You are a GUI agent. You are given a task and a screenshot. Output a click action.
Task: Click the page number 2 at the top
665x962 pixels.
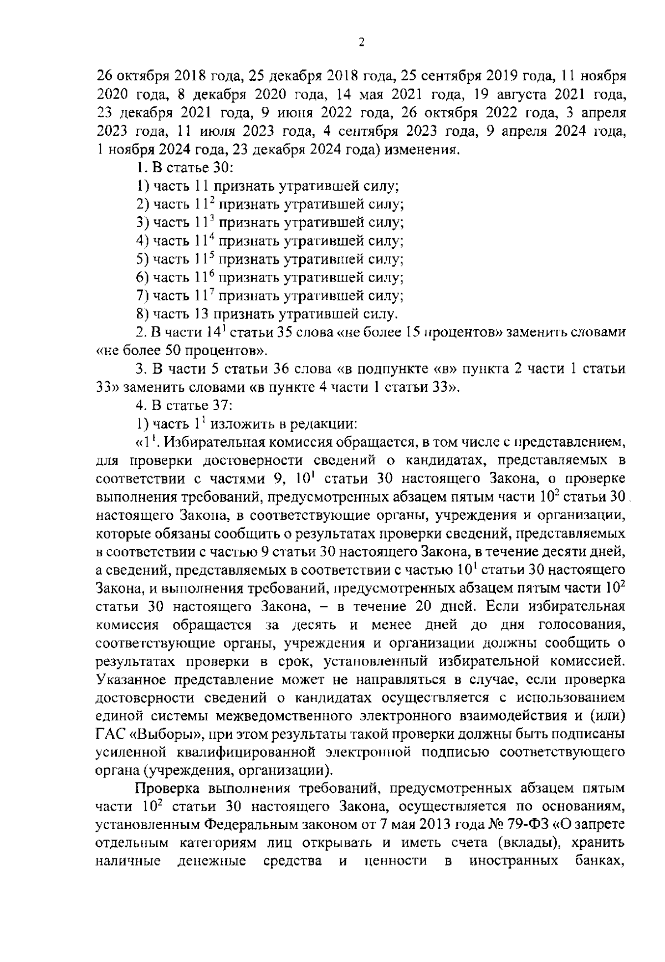pos(361,43)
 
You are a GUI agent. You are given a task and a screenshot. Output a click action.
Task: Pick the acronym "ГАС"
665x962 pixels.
pos(111,735)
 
